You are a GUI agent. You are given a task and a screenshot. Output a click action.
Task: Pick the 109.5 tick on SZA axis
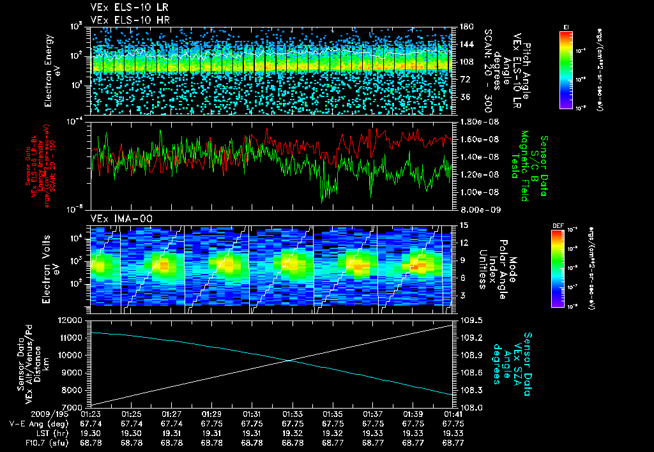tap(468, 320)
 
